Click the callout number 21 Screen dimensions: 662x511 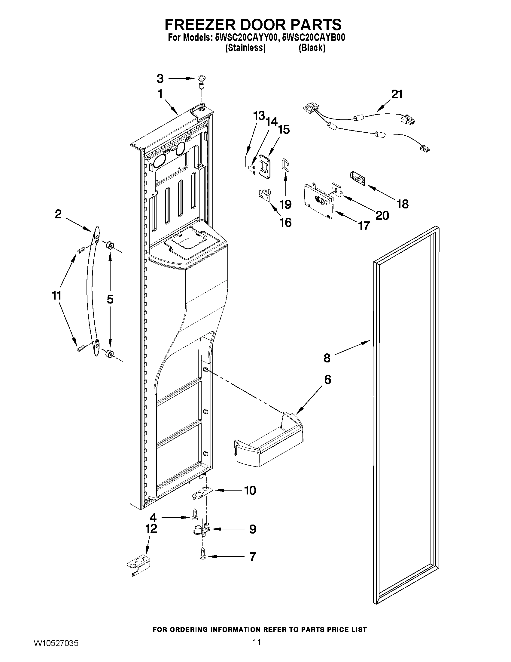click(397, 94)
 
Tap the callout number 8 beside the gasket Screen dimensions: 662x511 click(327, 358)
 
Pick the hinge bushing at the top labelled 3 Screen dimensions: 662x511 click(200, 81)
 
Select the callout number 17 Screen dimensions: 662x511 click(364, 226)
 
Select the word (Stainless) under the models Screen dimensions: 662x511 click(245, 48)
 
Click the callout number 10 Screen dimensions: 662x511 click(250, 490)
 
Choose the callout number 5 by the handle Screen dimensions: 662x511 click(110, 299)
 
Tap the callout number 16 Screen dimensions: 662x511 click(285, 223)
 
